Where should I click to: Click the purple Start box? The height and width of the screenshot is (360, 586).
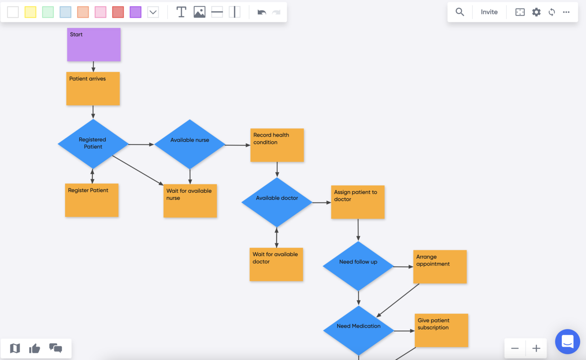point(94,45)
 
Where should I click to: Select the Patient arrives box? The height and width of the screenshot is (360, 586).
point(93,89)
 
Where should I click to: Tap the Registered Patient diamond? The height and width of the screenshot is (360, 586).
point(93,144)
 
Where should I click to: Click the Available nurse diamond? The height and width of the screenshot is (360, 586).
point(190,144)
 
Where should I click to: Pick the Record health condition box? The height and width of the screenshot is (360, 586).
point(277,145)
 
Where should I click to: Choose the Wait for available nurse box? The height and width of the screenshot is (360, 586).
point(190,201)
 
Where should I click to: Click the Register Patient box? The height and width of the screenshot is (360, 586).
point(92,200)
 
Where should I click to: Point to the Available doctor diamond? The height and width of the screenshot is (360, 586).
point(277,202)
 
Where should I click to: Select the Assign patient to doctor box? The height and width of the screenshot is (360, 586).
point(357,202)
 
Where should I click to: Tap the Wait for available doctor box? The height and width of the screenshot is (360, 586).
point(276,264)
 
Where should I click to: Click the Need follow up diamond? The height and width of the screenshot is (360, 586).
point(358,266)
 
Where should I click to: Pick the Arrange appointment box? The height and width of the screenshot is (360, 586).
point(440,267)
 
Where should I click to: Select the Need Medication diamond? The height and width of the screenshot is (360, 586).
point(359,330)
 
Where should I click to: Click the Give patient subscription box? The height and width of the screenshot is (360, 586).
point(441,330)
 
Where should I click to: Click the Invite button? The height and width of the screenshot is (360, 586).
point(489,12)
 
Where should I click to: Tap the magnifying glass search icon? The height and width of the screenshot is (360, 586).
point(460,12)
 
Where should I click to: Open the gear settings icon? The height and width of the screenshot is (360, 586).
point(536,12)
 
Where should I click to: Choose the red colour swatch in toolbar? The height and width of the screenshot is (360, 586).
point(118,12)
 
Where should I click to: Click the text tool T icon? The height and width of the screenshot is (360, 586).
point(181,12)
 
